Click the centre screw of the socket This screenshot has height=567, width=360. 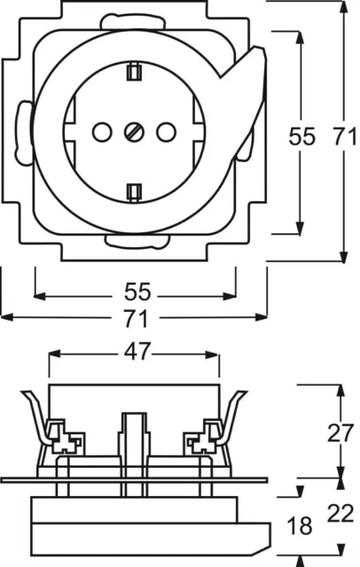134,132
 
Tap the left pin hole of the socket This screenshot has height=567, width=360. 102,132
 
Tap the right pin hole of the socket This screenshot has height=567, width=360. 166,132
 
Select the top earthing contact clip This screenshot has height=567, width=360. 134,71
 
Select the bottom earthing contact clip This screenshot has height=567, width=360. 134,192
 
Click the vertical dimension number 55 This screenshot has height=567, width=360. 301,137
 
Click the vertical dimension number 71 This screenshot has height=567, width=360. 344,137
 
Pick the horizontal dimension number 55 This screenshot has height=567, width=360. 137,291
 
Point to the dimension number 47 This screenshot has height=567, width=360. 137,351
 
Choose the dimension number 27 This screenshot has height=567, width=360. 340,433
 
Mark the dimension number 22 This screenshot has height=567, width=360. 340,514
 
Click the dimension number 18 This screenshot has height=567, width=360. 300,525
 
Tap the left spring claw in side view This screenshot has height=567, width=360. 36,416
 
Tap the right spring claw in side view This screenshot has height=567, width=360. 231,416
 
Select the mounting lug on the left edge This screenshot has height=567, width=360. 24,133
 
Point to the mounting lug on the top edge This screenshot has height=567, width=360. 130,21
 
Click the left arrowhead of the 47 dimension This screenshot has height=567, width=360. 54,354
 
